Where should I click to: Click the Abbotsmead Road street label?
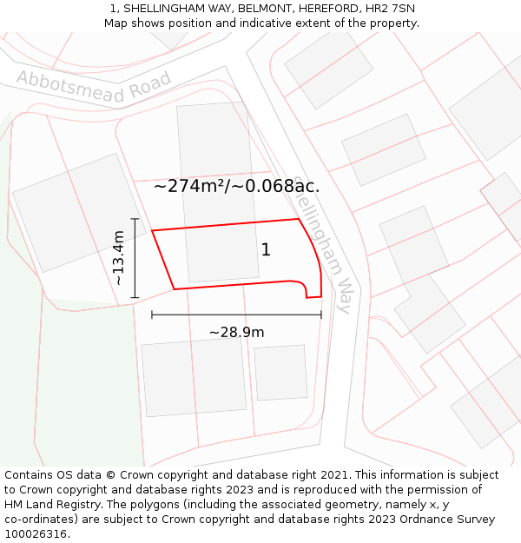[x=94, y=87]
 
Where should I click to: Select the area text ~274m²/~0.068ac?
[x=236, y=186]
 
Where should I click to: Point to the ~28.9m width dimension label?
[x=236, y=332]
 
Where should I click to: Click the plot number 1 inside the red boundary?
[x=266, y=250]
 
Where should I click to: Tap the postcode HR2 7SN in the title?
[x=391, y=9]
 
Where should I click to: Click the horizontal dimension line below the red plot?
[x=236, y=315]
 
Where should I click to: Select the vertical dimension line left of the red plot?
[x=135, y=258]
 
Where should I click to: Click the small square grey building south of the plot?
[x=280, y=373]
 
